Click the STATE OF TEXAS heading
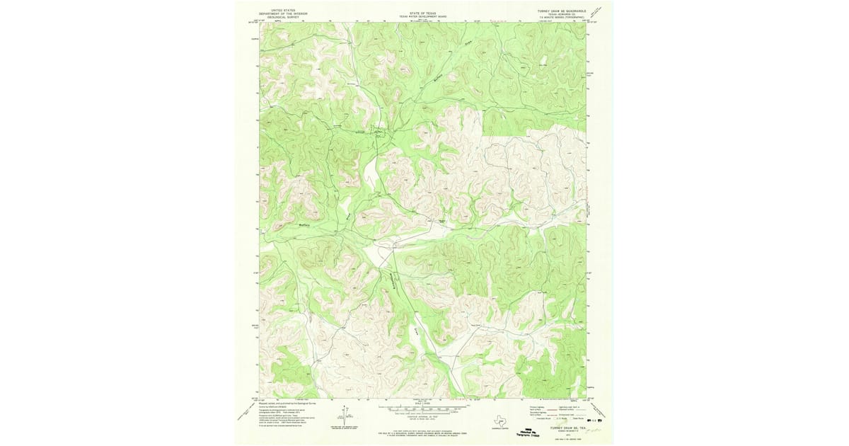(x=424, y=12)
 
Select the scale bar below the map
(x=424, y=409)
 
